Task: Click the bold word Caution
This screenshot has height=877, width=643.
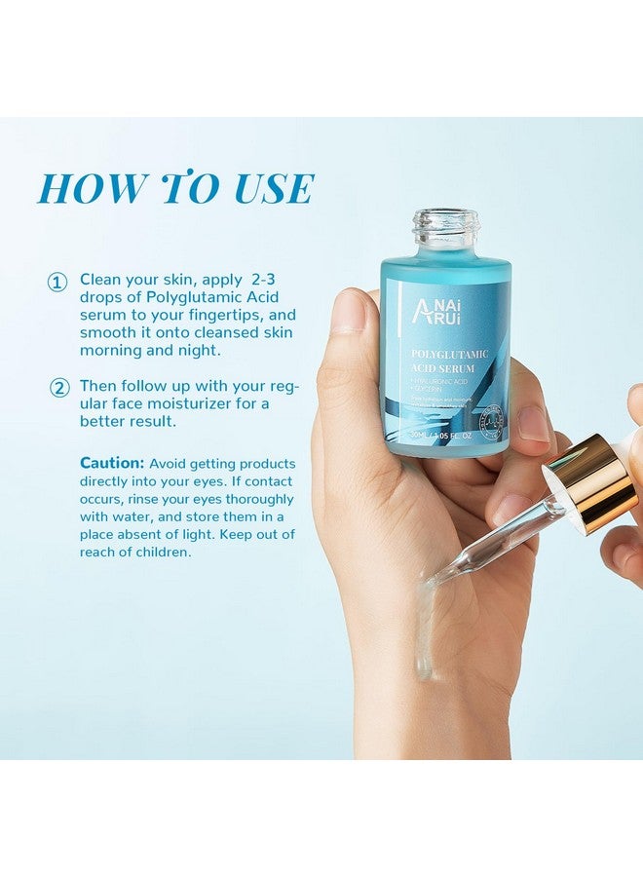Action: click(112, 463)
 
